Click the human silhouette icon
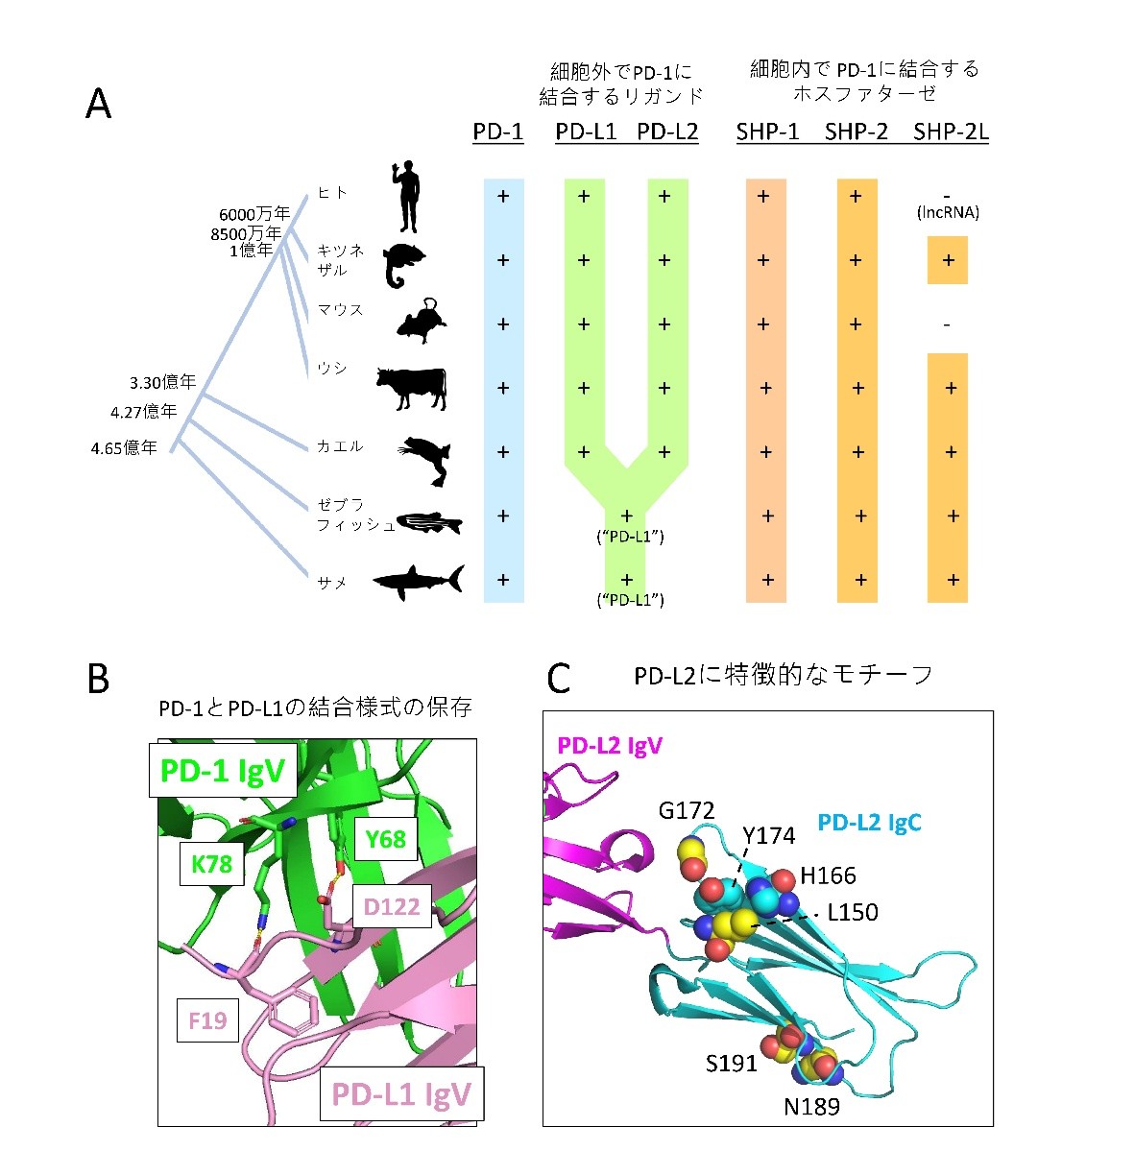coord(407,197)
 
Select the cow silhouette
coord(412,387)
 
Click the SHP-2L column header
coord(951,132)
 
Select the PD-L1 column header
coord(586,132)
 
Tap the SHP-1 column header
coord(767,132)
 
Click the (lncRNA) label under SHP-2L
coord(948,213)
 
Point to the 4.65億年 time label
coord(124,448)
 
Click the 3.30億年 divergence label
coord(162,383)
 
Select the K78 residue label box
coord(211,864)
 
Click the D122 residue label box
coord(392,906)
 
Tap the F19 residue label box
coord(207,1019)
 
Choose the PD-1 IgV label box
coord(222,771)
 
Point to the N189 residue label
coord(811,1107)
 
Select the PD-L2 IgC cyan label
coord(869,823)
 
